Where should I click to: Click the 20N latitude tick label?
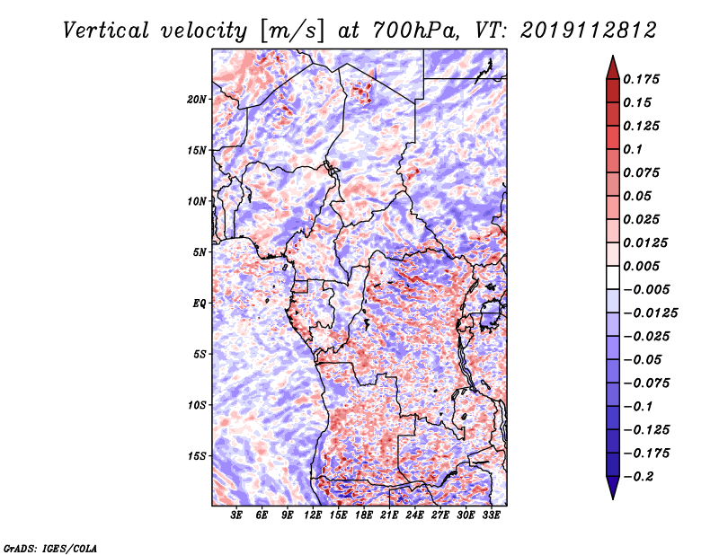[x=197, y=100]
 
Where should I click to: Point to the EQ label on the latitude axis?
[x=200, y=304]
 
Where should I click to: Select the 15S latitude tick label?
[x=197, y=456]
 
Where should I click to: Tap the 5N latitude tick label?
[x=200, y=252]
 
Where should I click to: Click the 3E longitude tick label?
[x=236, y=515]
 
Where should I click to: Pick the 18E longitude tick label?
[x=364, y=515]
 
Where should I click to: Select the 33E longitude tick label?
[x=491, y=515]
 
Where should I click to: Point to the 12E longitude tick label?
[x=313, y=515]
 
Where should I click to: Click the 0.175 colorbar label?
[x=641, y=79]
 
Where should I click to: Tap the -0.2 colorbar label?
[x=638, y=477]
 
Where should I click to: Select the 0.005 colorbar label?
[x=641, y=266]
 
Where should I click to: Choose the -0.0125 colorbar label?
[x=650, y=313]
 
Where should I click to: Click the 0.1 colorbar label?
[x=633, y=149]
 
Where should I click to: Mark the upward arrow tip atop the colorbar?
[x=613, y=56]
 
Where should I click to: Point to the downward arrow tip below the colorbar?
[x=613, y=498]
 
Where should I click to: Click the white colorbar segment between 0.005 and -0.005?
[x=613, y=277]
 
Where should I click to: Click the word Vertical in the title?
[x=106, y=31]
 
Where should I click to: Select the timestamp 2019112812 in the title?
[x=589, y=31]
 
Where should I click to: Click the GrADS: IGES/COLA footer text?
[x=50, y=548]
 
